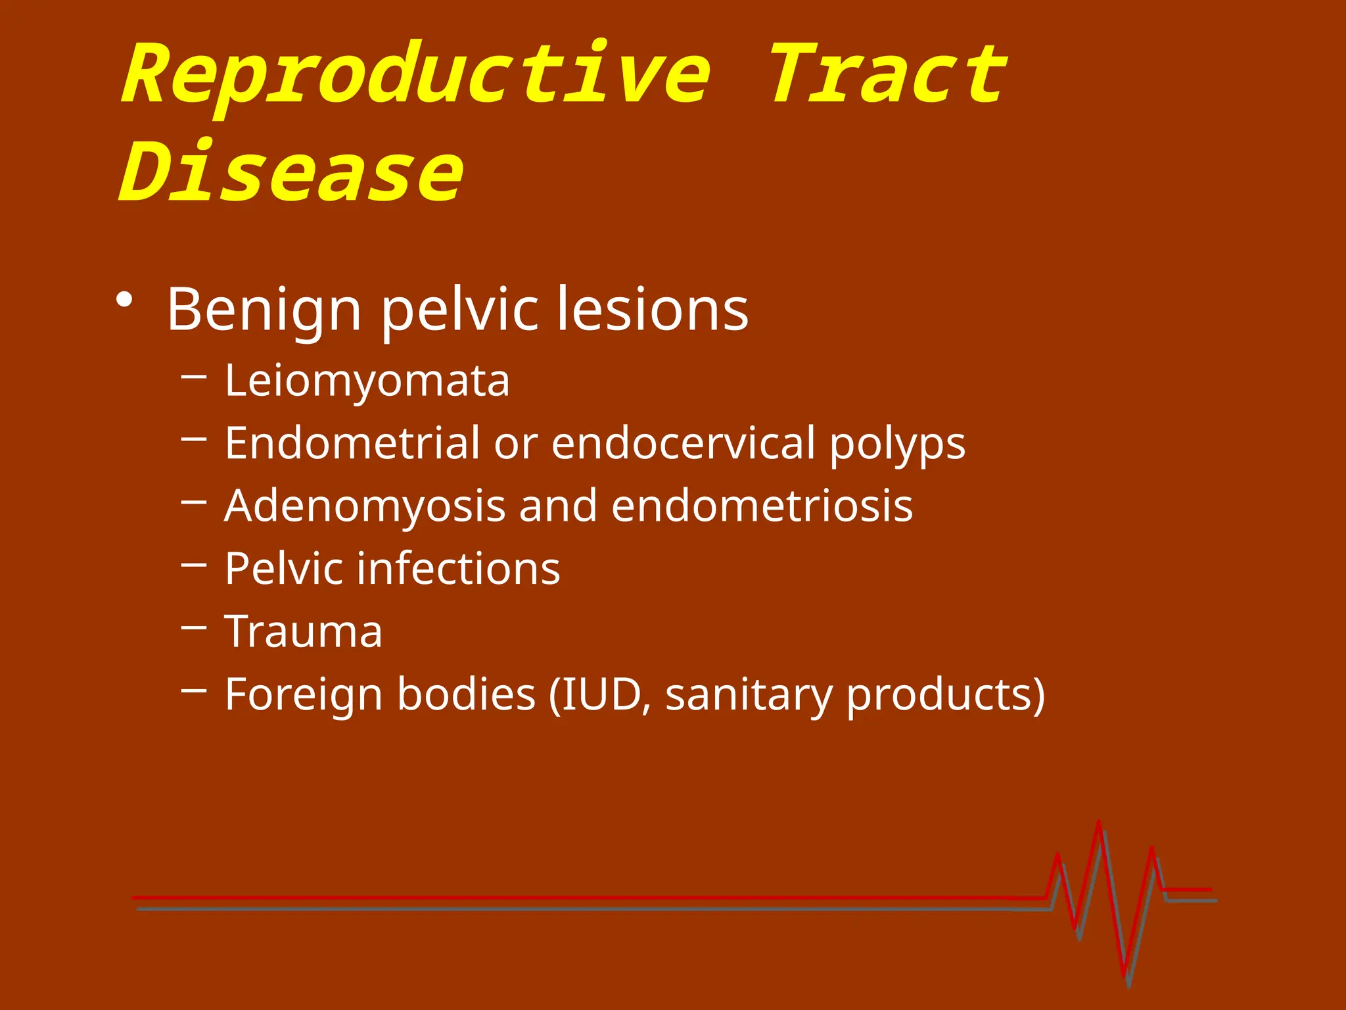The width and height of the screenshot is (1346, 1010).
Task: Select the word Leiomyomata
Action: pos(367,381)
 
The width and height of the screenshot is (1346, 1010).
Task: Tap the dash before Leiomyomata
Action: pos(194,376)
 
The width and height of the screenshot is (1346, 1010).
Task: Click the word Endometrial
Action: pos(352,443)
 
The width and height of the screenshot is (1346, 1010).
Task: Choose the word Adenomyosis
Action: pos(365,507)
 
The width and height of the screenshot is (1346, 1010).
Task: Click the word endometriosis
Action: pos(762,506)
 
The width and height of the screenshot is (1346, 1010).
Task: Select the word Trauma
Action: pos(303,632)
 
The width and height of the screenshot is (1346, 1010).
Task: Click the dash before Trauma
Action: pos(194,627)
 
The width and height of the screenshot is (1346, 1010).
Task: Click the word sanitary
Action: pos(749,696)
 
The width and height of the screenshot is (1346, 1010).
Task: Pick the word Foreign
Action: pos(304,696)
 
